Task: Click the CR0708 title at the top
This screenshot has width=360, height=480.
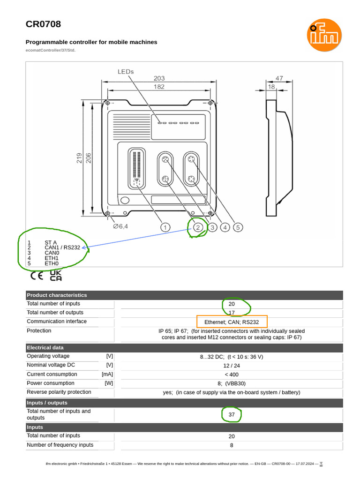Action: tap(43, 24)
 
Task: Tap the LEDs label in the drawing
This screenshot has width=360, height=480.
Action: tap(125, 72)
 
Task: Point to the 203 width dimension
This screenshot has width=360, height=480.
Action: tap(159, 79)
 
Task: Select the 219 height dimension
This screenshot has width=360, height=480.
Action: tap(79, 158)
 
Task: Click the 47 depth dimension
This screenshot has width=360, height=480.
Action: tap(279, 79)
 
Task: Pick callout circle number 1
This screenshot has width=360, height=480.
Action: tap(165, 227)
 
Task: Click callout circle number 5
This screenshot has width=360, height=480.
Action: tap(238, 227)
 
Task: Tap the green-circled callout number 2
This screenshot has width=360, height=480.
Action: tap(198, 227)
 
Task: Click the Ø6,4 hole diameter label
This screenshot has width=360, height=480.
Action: tap(120, 226)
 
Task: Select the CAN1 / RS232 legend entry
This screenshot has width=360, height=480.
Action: tap(62, 247)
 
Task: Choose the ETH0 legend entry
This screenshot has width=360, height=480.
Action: tap(52, 263)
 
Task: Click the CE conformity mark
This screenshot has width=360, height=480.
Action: tap(37, 276)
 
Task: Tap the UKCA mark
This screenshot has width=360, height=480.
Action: tap(56, 275)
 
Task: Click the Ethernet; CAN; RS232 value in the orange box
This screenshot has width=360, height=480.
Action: tap(232, 322)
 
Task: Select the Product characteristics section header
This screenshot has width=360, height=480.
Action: tap(57, 295)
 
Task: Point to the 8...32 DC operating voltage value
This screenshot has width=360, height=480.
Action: tap(232, 357)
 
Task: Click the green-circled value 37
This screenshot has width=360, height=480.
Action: tap(232, 415)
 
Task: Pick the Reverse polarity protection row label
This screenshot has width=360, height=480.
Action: tap(59, 392)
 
